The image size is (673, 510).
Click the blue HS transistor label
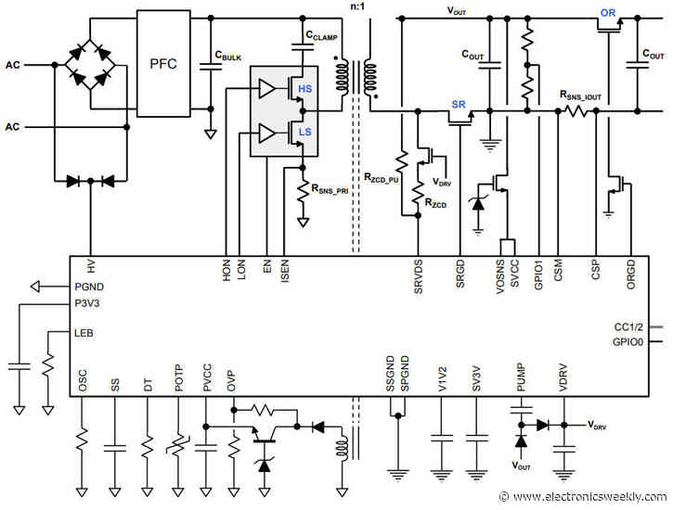(303, 88)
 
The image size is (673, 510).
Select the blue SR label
(458, 104)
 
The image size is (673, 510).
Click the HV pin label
(91, 266)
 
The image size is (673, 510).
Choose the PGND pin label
(90, 287)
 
